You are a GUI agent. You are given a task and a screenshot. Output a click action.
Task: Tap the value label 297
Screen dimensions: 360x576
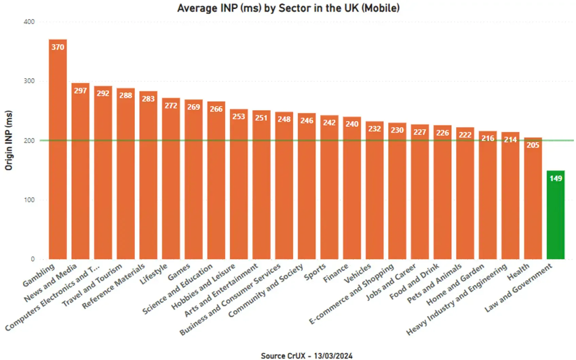(80, 91)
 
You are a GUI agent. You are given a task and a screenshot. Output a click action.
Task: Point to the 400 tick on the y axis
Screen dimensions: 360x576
(29, 22)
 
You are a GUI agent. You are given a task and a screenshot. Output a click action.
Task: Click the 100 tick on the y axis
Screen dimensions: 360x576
(29, 200)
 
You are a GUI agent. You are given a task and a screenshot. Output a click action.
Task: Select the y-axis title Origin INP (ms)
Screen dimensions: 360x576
(9, 140)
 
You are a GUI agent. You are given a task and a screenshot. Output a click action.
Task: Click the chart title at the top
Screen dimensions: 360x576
(288, 8)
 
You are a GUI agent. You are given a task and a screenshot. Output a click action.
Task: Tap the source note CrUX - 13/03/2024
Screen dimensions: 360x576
(306, 356)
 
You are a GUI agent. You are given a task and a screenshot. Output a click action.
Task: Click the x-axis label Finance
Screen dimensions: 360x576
(336, 273)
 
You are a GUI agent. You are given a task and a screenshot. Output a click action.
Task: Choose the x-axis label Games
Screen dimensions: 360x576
(179, 272)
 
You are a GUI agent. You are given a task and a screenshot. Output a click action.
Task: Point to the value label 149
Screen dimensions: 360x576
(556, 178)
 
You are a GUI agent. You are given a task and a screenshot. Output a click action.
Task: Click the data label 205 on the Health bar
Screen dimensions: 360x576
(533, 145)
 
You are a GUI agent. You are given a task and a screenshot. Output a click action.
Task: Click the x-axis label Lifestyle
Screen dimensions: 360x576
(154, 274)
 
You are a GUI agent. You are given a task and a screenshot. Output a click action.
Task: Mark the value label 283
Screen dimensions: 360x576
(148, 99)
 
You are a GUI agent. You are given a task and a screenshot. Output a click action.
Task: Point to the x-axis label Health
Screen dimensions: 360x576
(519, 272)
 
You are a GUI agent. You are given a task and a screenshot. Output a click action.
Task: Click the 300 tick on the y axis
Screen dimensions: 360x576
(29, 81)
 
